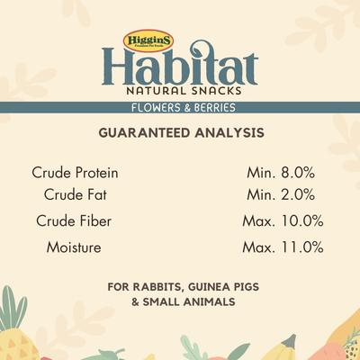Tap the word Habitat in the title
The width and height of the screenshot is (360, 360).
click(180, 69)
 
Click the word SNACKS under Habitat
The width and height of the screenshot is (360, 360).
click(211, 93)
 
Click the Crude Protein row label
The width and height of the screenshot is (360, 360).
click(75, 172)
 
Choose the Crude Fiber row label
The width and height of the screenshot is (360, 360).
click(75, 220)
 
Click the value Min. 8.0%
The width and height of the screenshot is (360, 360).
click(281, 172)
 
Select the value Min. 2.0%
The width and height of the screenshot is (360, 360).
click(281, 194)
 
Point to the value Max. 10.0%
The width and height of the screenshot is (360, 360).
click(283, 220)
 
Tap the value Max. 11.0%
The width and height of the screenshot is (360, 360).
click(283, 246)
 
